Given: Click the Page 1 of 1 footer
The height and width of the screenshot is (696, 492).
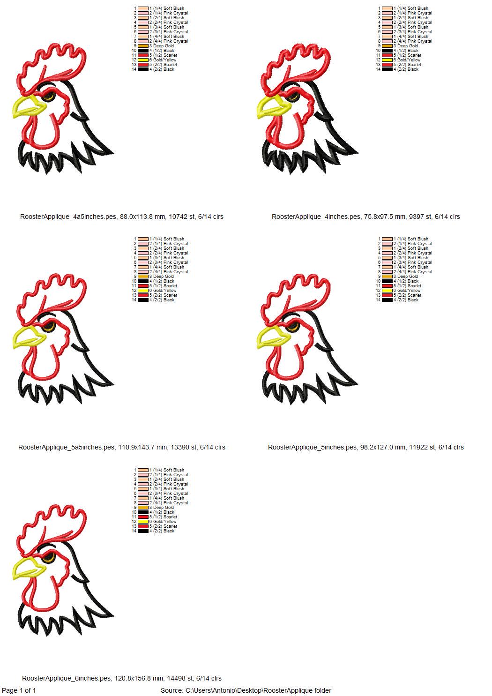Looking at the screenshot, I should pos(19,690).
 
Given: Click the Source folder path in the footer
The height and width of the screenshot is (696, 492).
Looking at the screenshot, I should pos(246,690).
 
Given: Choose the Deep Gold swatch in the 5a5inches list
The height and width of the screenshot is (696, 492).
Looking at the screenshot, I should pos(143,277).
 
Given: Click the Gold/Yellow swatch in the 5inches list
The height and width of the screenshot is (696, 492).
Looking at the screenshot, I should pos(387,291).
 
